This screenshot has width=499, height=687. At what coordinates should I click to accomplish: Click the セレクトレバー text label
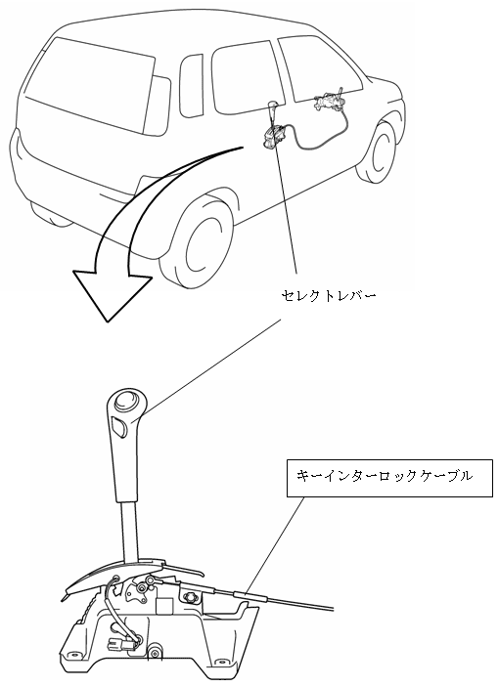tap(328, 296)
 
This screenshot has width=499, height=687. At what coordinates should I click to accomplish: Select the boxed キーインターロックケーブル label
tap(389, 478)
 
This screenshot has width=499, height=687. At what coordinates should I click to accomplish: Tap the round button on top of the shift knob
tap(126, 400)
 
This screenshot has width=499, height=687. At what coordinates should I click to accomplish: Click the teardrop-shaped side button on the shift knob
tap(118, 427)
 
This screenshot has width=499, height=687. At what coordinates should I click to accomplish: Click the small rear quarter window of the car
tap(191, 85)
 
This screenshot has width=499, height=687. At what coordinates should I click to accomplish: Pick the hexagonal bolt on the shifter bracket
tap(191, 597)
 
